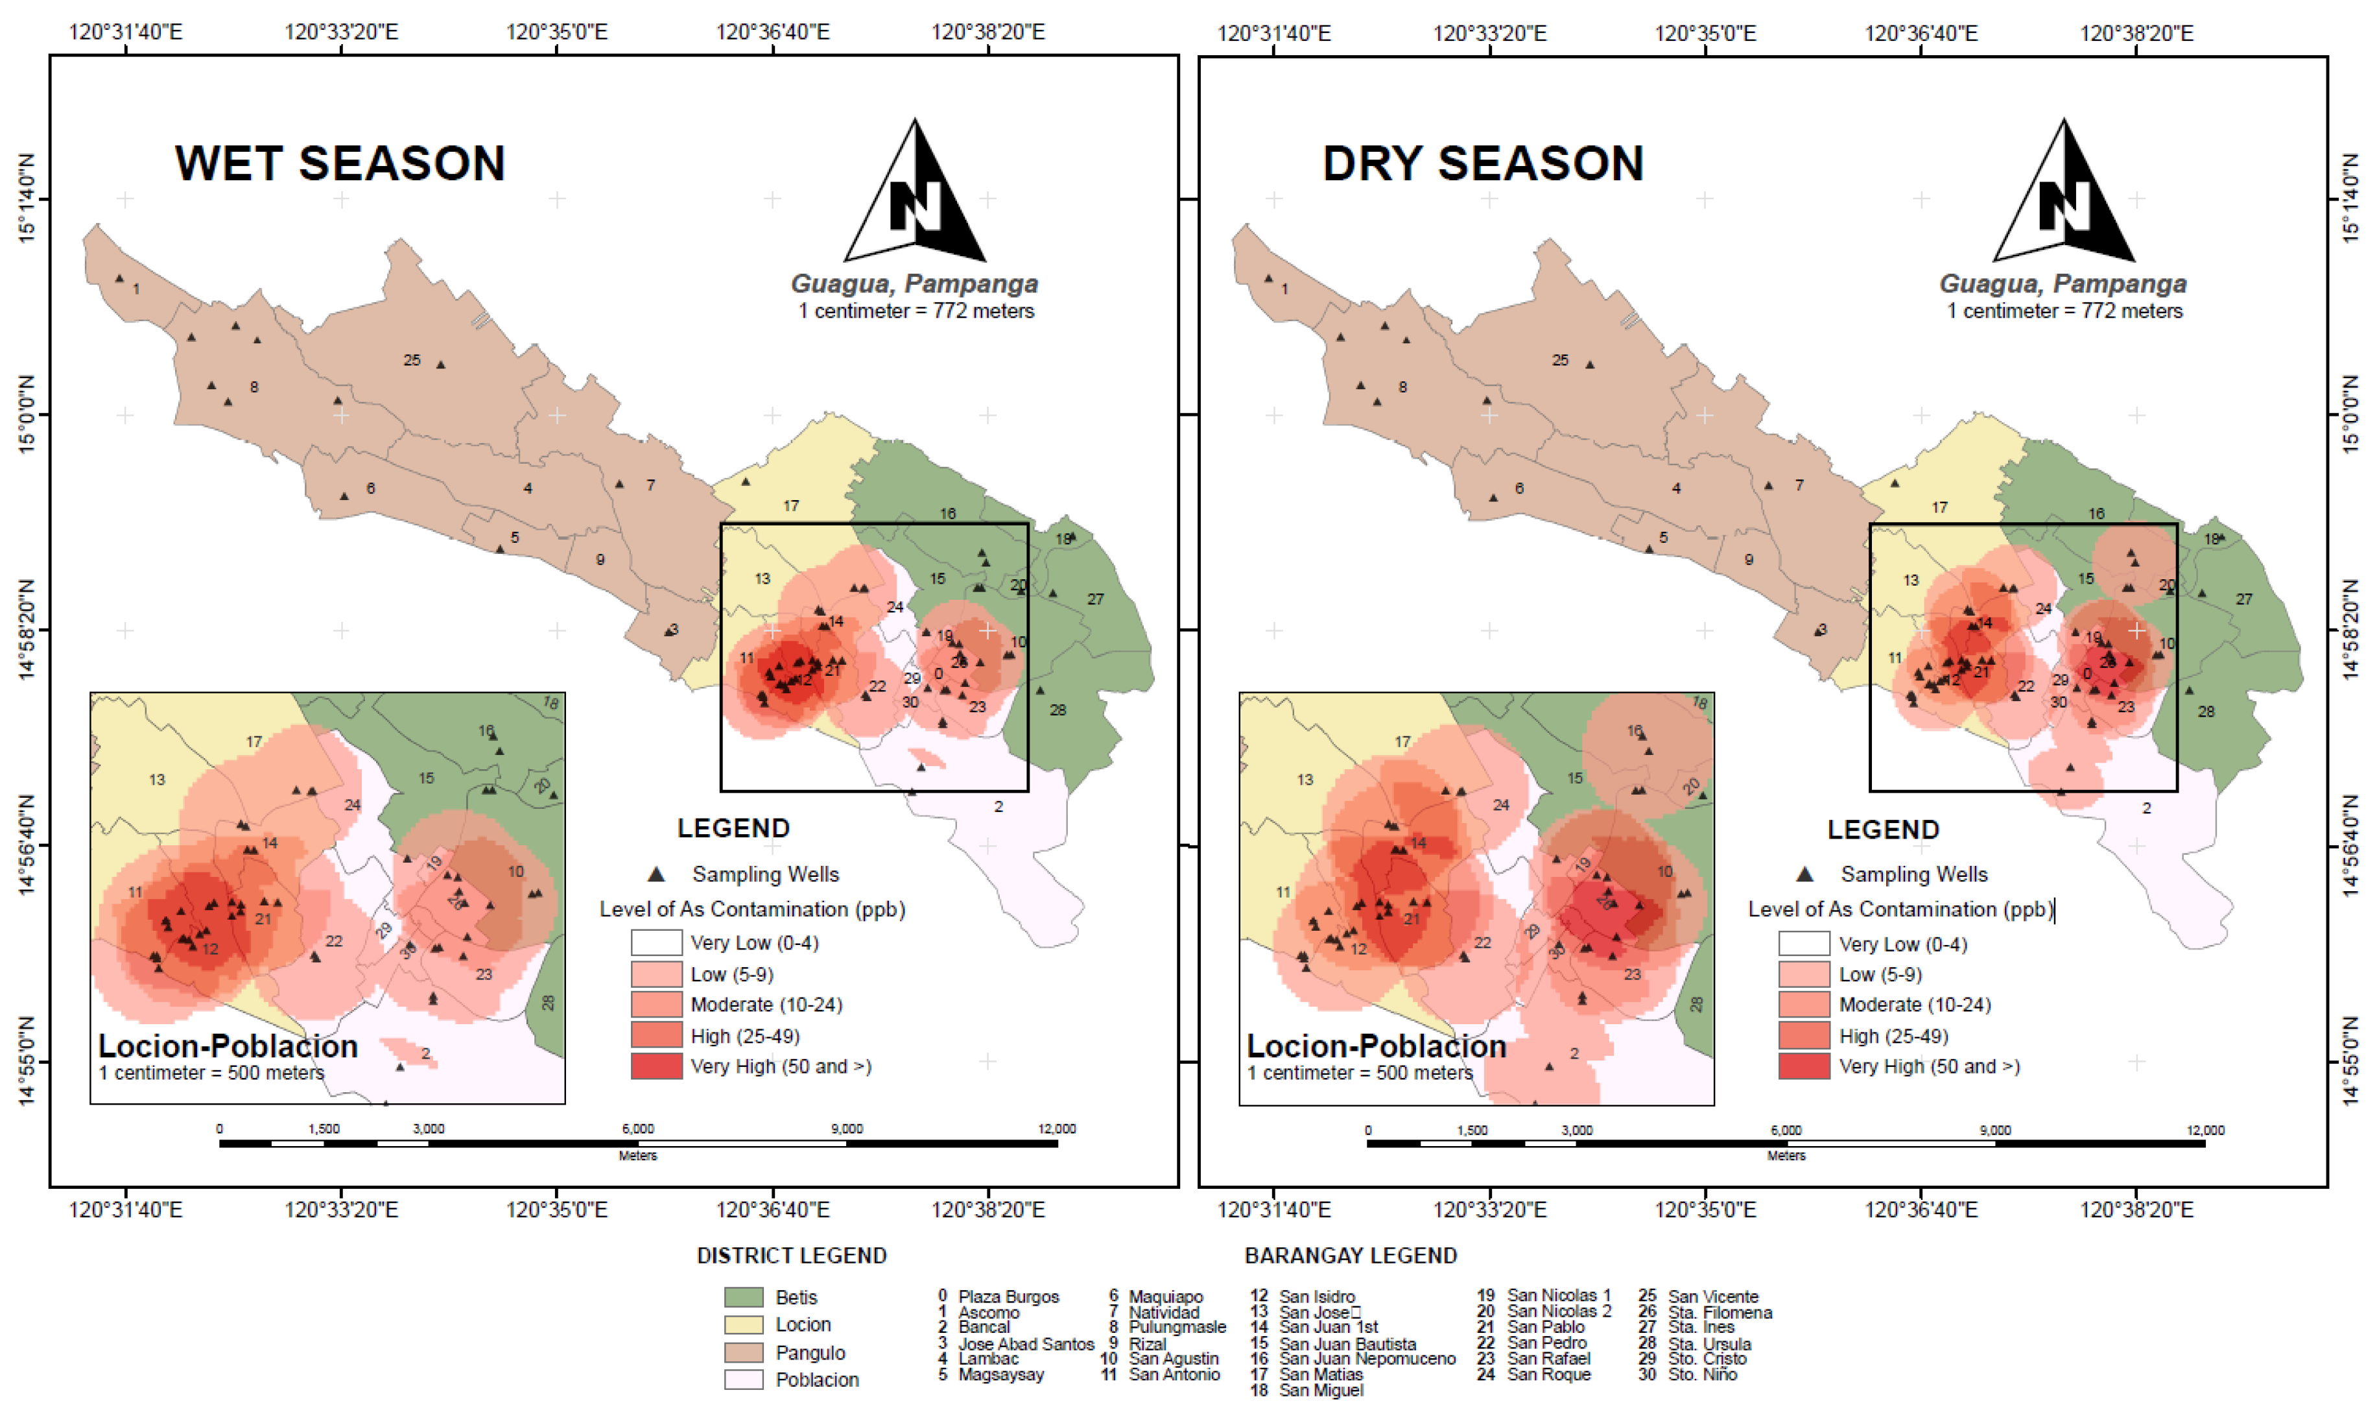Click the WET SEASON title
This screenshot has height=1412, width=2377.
(x=340, y=163)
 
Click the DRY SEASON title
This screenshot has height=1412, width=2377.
(x=1482, y=163)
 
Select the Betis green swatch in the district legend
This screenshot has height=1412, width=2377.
(x=743, y=1297)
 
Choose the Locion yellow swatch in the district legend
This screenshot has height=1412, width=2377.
(x=743, y=1324)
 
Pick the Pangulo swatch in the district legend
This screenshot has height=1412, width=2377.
(x=743, y=1352)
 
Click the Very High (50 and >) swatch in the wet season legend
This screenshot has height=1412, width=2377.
(x=656, y=1066)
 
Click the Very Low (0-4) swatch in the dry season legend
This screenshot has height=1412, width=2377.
(x=1803, y=944)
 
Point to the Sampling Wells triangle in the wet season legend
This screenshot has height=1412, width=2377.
(x=656, y=874)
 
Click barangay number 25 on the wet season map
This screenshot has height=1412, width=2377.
(x=412, y=361)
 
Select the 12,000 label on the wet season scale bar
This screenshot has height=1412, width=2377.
(x=1057, y=1129)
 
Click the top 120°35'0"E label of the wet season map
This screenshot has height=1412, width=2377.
(x=556, y=32)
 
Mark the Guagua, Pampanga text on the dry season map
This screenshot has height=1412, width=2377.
(x=2062, y=283)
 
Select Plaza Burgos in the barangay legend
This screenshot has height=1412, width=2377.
(x=1008, y=1296)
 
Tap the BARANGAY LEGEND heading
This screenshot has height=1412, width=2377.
(x=1350, y=1256)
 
